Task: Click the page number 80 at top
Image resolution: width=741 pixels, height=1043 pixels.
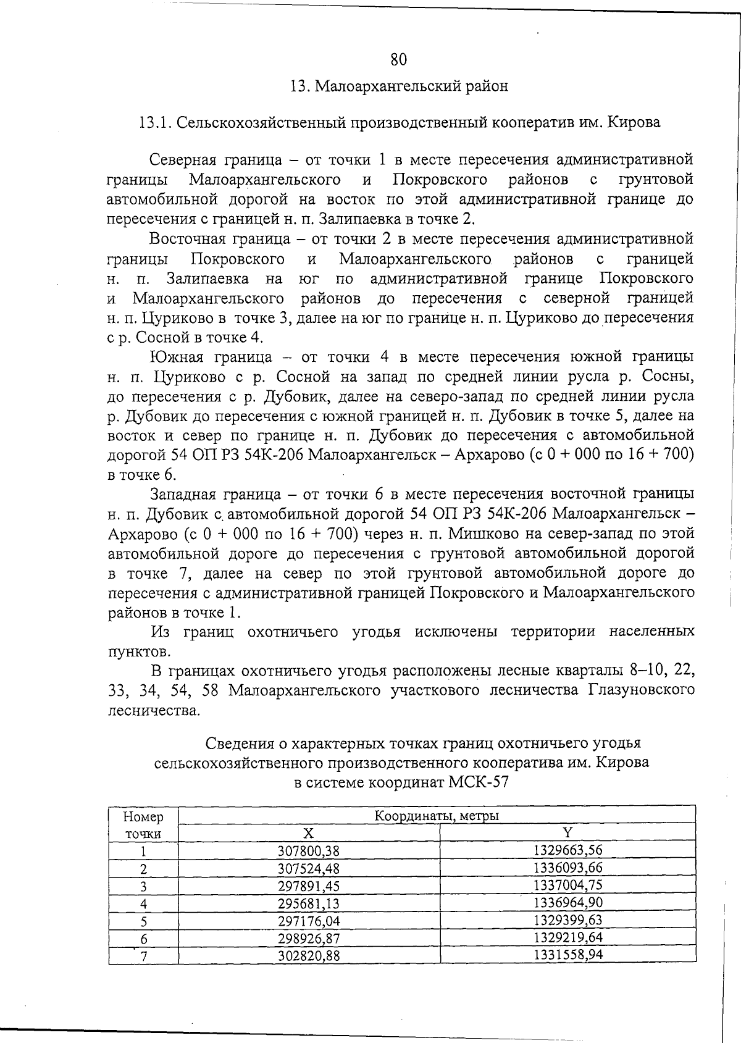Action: (398, 59)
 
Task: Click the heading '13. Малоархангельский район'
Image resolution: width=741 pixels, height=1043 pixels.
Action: (399, 86)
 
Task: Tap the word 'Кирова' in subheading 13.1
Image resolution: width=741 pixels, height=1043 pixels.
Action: (634, 122)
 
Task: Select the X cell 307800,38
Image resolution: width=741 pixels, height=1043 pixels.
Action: (309, 851)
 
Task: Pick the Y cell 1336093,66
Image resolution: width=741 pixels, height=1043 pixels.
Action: (567, 868)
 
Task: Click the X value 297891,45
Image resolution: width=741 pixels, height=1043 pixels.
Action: (309, 886)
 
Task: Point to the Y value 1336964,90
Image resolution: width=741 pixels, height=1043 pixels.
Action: (567, 903)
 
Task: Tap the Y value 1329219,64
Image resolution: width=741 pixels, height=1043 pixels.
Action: (567, 937)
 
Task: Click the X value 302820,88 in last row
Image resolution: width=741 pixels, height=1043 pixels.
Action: (309, 956)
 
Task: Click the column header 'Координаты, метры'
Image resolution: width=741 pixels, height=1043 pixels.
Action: (437, 816)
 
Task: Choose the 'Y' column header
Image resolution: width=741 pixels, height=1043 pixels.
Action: (567, 832)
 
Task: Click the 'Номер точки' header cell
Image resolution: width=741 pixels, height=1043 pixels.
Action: (143, 825)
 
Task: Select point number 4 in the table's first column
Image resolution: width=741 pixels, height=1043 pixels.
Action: (143, 904)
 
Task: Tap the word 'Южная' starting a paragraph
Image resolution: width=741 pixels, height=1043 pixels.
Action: (175, 357)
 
